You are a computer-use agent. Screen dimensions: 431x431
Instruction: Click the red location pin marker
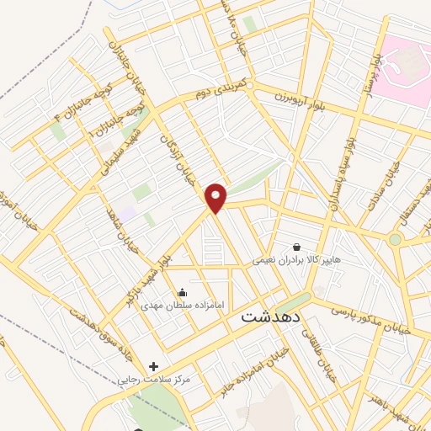click(x=216, y=198)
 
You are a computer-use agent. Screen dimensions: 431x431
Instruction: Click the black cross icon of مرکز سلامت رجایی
click(x=153, y=366)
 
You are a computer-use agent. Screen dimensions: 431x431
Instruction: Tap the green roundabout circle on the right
click(x=395, y=240)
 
